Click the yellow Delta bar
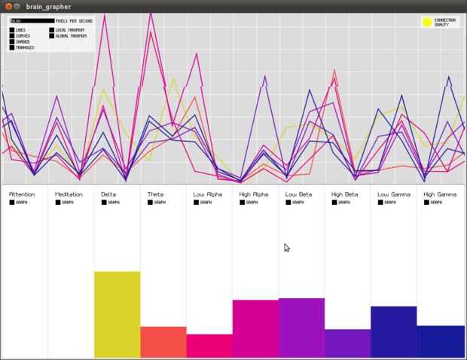tap(117, 314)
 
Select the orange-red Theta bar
tap(163, 342)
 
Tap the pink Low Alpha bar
tap(209, 346)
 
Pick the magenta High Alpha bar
tap(255, 328)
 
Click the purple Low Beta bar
tap(301, 328)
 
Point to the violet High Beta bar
tap(347, 343)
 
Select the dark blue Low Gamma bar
tap(393, 331)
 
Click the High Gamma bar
tap(440, 341)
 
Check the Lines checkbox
tap(12, 30)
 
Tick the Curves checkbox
tap(12, 35)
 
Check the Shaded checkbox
tap(12, 41)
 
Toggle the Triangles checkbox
tap(12, 47)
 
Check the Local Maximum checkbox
tap(52, 30)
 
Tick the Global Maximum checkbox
tap(52, 35)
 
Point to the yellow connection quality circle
tap(427, 23)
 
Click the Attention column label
tap(22, 194)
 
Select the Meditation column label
tap(69, 194)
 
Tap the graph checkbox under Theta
tap(150, 202)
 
